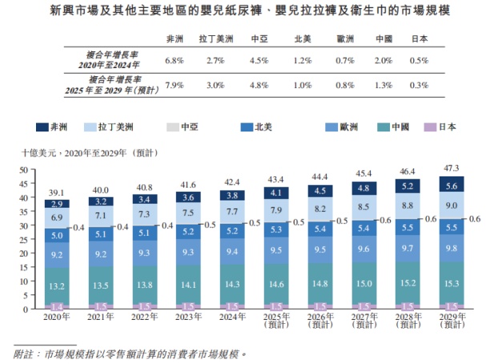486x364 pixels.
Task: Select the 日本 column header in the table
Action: pyautogui.click(x=419, y=38)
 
